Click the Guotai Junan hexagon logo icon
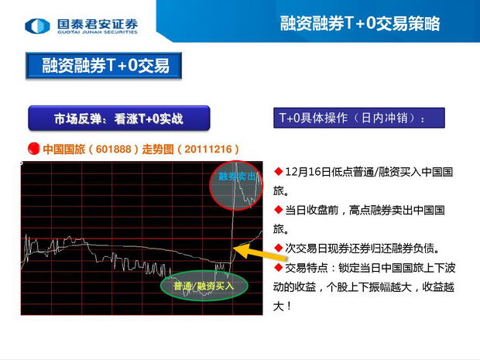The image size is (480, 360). pos(37,26)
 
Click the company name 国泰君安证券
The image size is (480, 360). pos(98,23)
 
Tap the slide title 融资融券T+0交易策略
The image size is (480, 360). pos(360,23)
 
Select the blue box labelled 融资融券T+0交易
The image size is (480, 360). pos(104,66)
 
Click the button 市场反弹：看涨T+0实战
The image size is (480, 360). pos(119,118)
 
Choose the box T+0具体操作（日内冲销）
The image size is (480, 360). pos(359,118)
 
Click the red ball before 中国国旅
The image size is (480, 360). pos(33,149)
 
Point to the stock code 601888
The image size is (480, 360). pos(114,149)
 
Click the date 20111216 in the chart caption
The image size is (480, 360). pos(208,149)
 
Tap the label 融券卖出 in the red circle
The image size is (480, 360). pos(237,177)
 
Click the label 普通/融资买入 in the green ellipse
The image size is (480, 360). pos(204,286)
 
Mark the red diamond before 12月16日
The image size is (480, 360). pos(278,171)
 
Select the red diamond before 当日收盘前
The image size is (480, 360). pos(278,210)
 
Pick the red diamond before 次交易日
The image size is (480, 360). pos(278,248)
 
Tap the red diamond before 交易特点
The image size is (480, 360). pos(278,267)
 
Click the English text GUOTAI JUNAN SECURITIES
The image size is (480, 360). pos(98,32)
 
